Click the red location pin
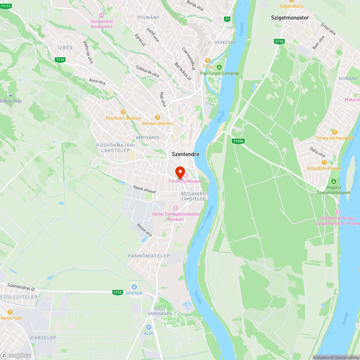[180, 172]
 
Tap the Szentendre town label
[185, 154]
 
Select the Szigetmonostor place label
[290, 17]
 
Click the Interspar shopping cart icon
[134, 287]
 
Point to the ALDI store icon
[148, 327]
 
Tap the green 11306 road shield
[238, 141]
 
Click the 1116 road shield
[60, 60]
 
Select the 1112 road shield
[117, 292]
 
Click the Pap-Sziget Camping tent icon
[219, 67]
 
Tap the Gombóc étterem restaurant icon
[157, 117]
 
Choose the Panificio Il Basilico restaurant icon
[123, 112]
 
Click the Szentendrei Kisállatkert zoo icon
[102, 15]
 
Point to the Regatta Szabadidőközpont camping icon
[333, 181]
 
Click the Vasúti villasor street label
[145, 189]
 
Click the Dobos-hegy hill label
[11, 101]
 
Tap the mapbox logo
[16, 355]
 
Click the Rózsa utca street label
[144, 230]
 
